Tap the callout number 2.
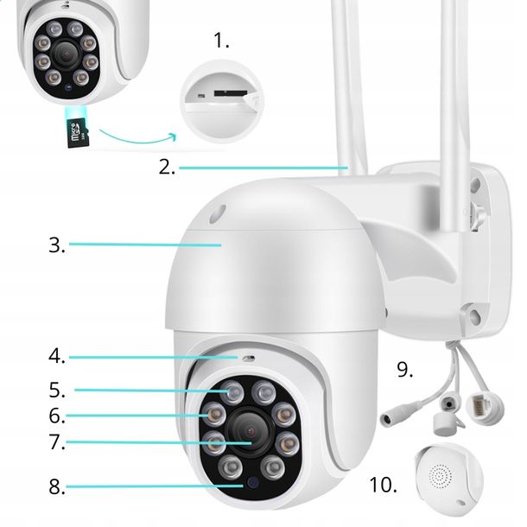pos(167,167)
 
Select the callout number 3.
pos(57,244)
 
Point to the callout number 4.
pos(57,355)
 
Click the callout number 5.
pos(57,389)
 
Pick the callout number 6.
pos(57,416)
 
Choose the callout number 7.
pos(57,442)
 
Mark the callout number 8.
pos(57,486)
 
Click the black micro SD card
pos(78,132)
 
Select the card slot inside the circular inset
pos(229,92)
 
